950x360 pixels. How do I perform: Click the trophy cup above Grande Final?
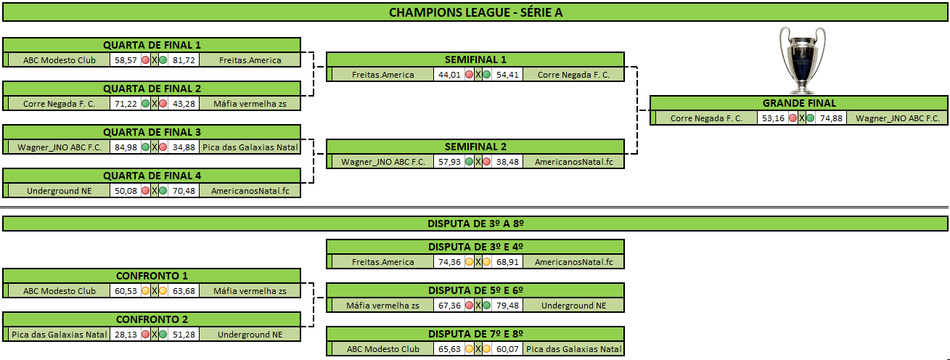click(x=802, y=60)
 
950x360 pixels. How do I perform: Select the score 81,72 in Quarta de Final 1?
click(x=184, y=60)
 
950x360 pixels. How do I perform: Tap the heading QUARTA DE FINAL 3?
click(x=152, y=132)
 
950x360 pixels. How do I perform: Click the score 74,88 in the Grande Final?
click(x=831, y=118)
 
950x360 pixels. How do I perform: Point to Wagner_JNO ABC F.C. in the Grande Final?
click(x=898, y=118)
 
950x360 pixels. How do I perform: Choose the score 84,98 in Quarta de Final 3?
click(x=126, y=147)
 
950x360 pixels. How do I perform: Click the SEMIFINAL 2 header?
click(x=475, y=147)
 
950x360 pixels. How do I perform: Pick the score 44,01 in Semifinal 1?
click(x=449, y=75)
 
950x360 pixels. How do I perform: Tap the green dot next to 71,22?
click(x=145, y=104)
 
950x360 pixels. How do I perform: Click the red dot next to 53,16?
click(x=793, y=118)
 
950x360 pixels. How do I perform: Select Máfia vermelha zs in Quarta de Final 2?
click(x=250, y=104)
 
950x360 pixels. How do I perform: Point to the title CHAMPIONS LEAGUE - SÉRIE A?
click(x=475, y=12)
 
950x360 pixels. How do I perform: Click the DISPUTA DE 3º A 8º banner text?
click(x=475, y=224)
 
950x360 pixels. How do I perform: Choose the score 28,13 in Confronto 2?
click(x=126, y=335)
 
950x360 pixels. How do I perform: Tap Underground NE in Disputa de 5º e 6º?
click(x=573, y=306)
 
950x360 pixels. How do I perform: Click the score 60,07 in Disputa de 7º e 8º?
click(x=507, y=349)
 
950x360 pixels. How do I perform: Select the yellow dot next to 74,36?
click(x=469, y=262)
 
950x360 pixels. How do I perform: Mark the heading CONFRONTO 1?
click(x=152, y=276)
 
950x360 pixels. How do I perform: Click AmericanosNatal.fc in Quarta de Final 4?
click(x=250, y=191)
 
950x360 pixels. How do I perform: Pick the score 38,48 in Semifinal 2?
click(x=507, y=162)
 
